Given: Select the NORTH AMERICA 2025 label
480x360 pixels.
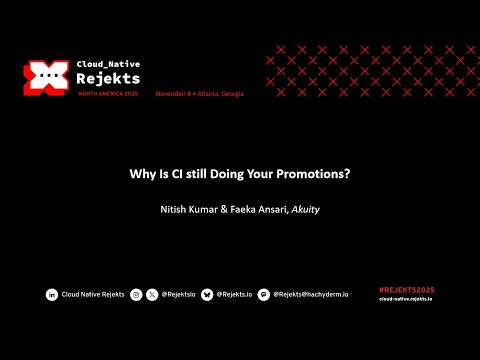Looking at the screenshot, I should point(109,93).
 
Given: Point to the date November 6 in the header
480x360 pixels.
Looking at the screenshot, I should point(178,93).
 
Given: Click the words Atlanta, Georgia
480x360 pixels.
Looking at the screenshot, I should point(222,93).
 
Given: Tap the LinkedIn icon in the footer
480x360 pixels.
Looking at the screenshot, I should point(52,294).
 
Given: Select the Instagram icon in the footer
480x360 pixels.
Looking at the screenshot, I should point(136,294).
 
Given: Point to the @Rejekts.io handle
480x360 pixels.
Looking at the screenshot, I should point(234,294).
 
